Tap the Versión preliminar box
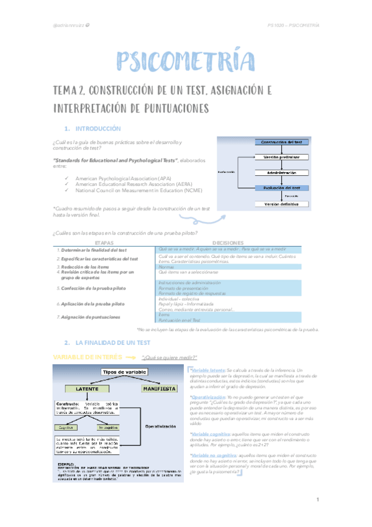pyautogui.click(x=281, y=157)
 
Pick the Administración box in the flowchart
pyautogui.click(x=281, y=172)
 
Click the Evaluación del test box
pyautogui.click(x=281, y=188)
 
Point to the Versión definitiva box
pyautogui.click(x=281, y=204)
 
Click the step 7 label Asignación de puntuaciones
pyautogui.click(x=90, y=317)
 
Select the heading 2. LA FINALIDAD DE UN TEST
pyautogui.click(x=111, y=342)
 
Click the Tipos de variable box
pyautogui.click(x=125, y=372)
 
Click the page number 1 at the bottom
pyautogui.click(x=317, y=500)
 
